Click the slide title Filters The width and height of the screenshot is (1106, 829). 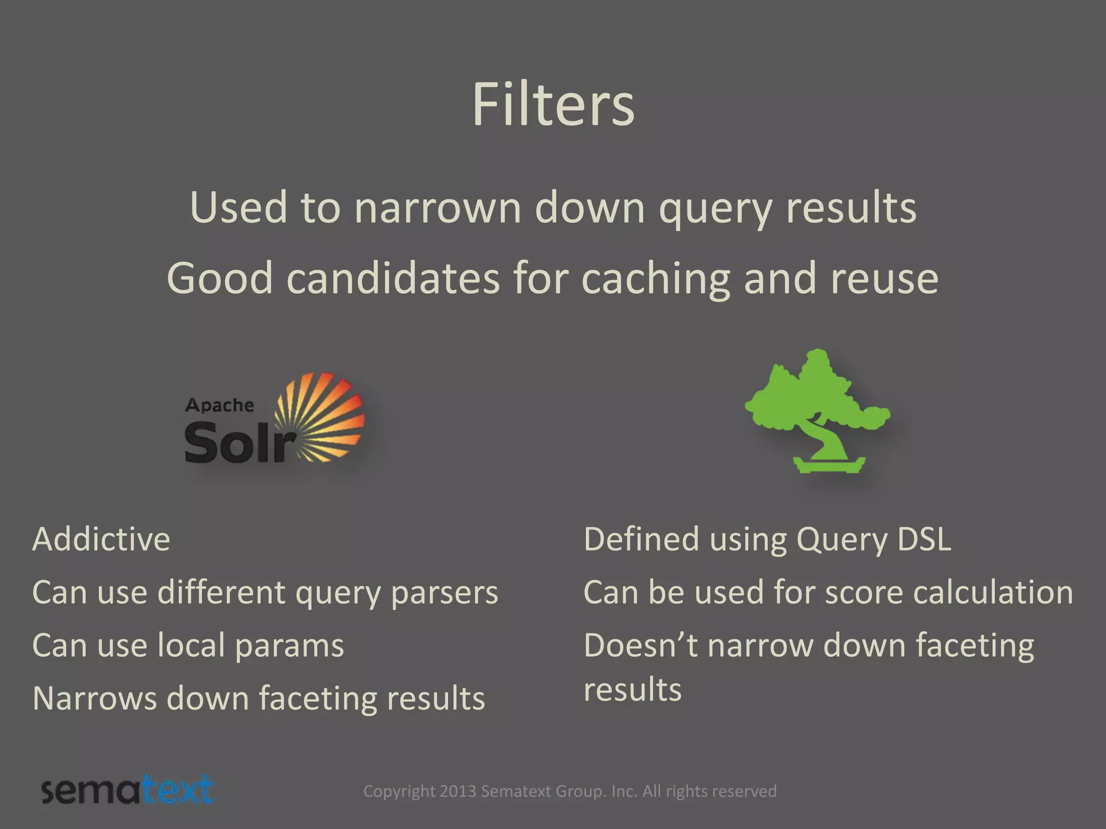553,105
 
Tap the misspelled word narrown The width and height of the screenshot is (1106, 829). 437,208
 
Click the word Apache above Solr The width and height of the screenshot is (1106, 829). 219,405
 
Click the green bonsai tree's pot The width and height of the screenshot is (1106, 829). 829,464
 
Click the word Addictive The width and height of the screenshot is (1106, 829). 101,539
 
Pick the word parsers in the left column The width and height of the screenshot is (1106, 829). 444,593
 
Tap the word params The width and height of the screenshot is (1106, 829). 289,645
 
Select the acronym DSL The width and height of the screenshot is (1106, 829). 923,539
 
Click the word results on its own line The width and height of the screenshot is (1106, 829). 632,690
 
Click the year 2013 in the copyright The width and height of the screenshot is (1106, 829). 458,791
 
